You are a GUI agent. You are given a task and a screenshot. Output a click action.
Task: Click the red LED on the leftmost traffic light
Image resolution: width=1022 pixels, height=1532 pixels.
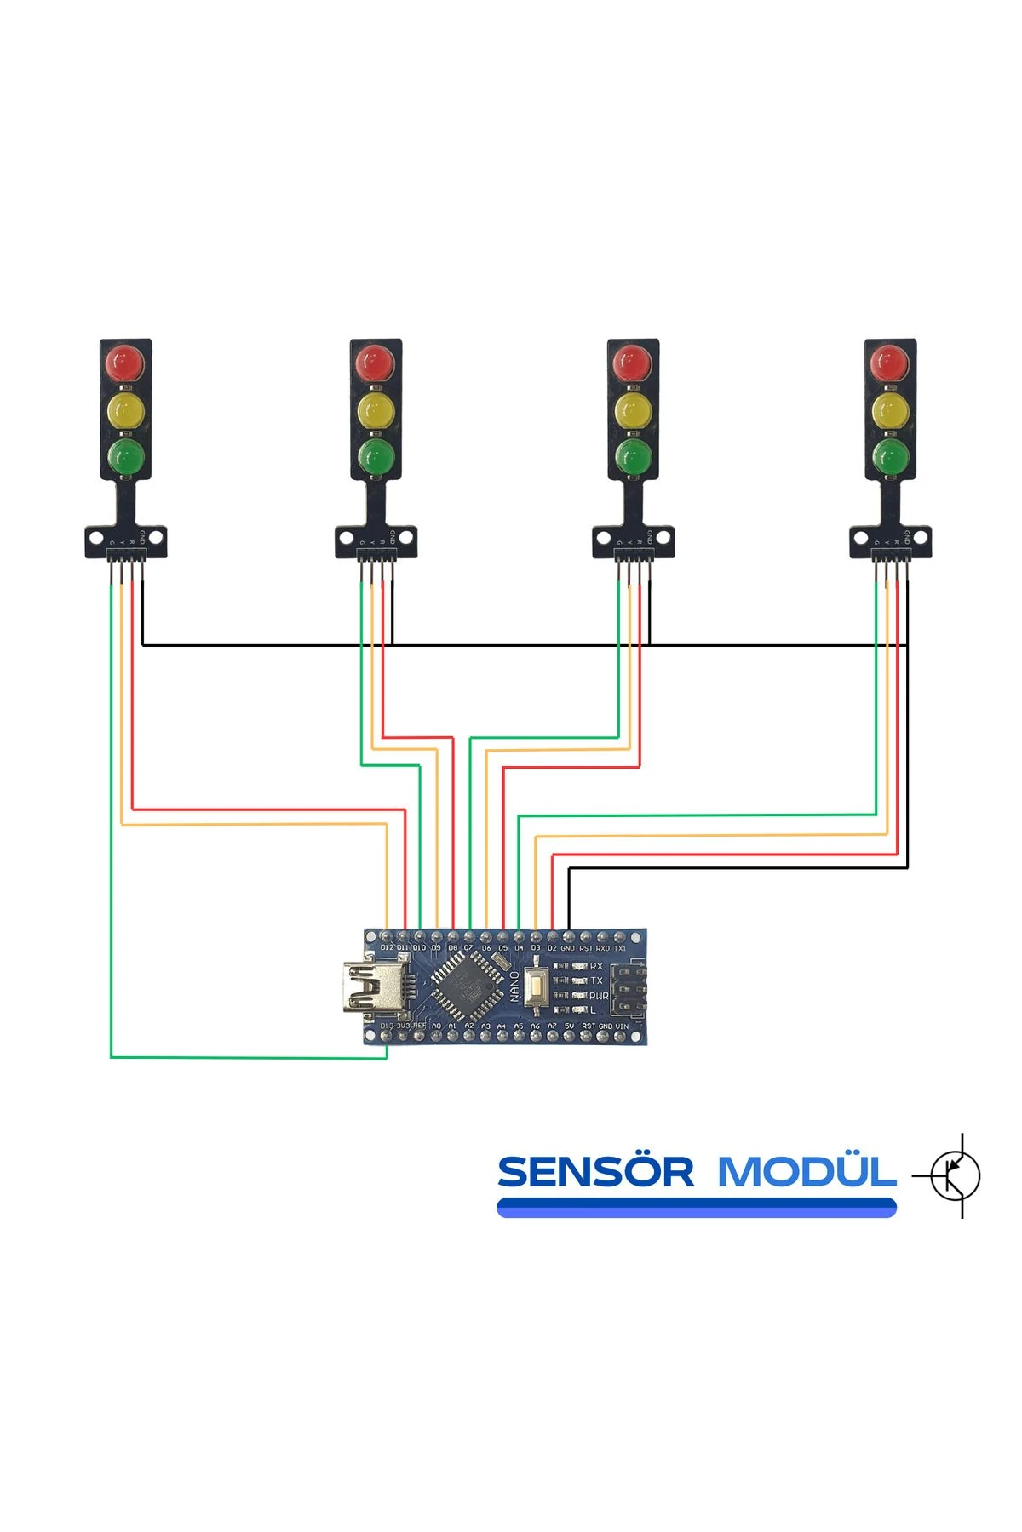pyautogui.click(x=125, y=364)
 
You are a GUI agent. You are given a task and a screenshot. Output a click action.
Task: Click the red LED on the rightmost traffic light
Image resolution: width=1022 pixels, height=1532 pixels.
pyautogui.click(x=890, y=364)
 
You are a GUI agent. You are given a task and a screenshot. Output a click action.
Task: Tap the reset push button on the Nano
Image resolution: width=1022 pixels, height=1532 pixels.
pyautogui.click(x=537, y=987)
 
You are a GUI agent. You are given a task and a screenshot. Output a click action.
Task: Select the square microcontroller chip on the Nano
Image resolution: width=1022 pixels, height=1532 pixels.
pyautogui.click(x=464, y=986)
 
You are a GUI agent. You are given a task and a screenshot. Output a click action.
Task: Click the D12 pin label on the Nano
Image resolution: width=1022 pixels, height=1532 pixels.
pyautogui.click(x=388, y=948)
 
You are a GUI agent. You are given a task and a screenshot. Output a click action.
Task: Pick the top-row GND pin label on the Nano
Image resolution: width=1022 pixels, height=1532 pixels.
pyautogui.click(x=567, y=948)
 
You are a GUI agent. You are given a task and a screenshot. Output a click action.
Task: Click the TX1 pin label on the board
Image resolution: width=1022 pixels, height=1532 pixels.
pyautogui.click(x=620, y=948)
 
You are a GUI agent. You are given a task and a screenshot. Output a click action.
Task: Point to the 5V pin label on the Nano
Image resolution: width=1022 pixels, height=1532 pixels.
pyautogui.click(x=569, y=1027)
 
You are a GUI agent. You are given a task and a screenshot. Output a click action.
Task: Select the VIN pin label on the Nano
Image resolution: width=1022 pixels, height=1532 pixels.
pyautogui.click(x=622, y=1027)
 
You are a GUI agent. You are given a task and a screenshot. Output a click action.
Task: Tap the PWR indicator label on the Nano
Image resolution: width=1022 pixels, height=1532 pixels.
pyautogui.click(x=599, y=996)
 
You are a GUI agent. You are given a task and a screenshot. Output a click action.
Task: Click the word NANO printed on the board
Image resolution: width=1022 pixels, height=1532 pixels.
pyautogui.click(x=514, y=987)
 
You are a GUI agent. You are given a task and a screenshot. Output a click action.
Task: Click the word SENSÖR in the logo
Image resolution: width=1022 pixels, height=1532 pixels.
pyautogui.click(x=595, y=1172)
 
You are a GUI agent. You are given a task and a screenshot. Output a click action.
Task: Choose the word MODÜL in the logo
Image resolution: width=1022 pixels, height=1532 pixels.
pyautogui.click(x=806, y=1172)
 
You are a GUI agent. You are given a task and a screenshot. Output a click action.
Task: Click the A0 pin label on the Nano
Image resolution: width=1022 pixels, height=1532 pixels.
pyautogui.click(x=436, y=1027)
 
